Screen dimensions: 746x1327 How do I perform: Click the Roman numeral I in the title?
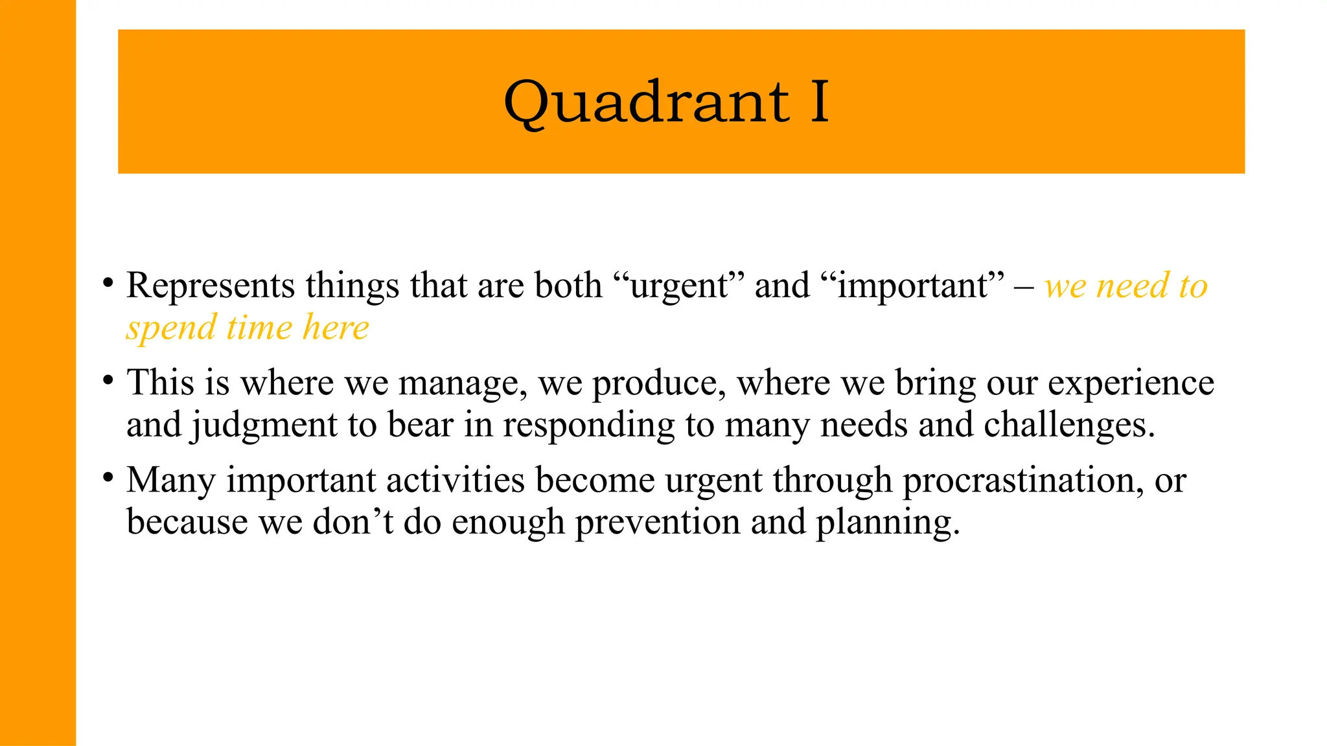click(820, 102)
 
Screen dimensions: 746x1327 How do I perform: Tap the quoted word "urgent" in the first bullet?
click(678, 286)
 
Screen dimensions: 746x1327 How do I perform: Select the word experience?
click(1131, 383)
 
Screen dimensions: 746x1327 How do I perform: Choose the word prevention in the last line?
click(657, 522)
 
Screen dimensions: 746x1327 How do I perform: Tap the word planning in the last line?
click(886, 522)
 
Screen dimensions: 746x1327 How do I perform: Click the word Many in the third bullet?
click(170, 480)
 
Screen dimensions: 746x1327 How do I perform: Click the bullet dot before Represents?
click(108, 283)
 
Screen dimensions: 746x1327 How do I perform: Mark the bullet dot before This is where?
click(108, 381)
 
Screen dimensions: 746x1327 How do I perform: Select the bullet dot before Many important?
click(108, 478)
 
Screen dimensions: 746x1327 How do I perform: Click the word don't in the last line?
click(353, 522)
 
